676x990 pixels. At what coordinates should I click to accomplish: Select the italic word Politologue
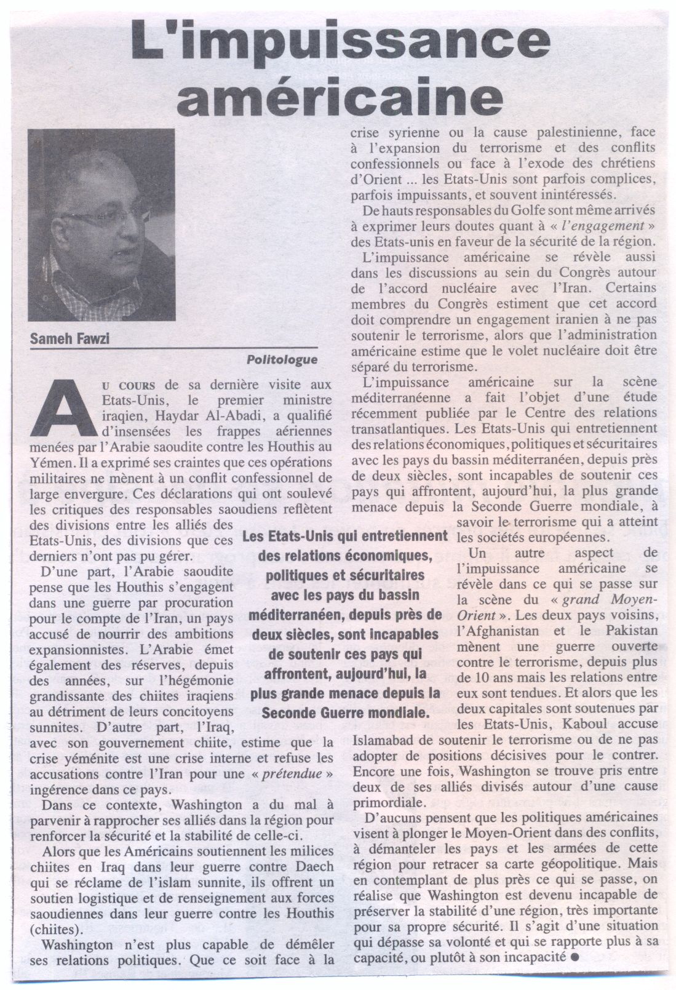[282, 359]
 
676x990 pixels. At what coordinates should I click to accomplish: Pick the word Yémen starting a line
[47, 463]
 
